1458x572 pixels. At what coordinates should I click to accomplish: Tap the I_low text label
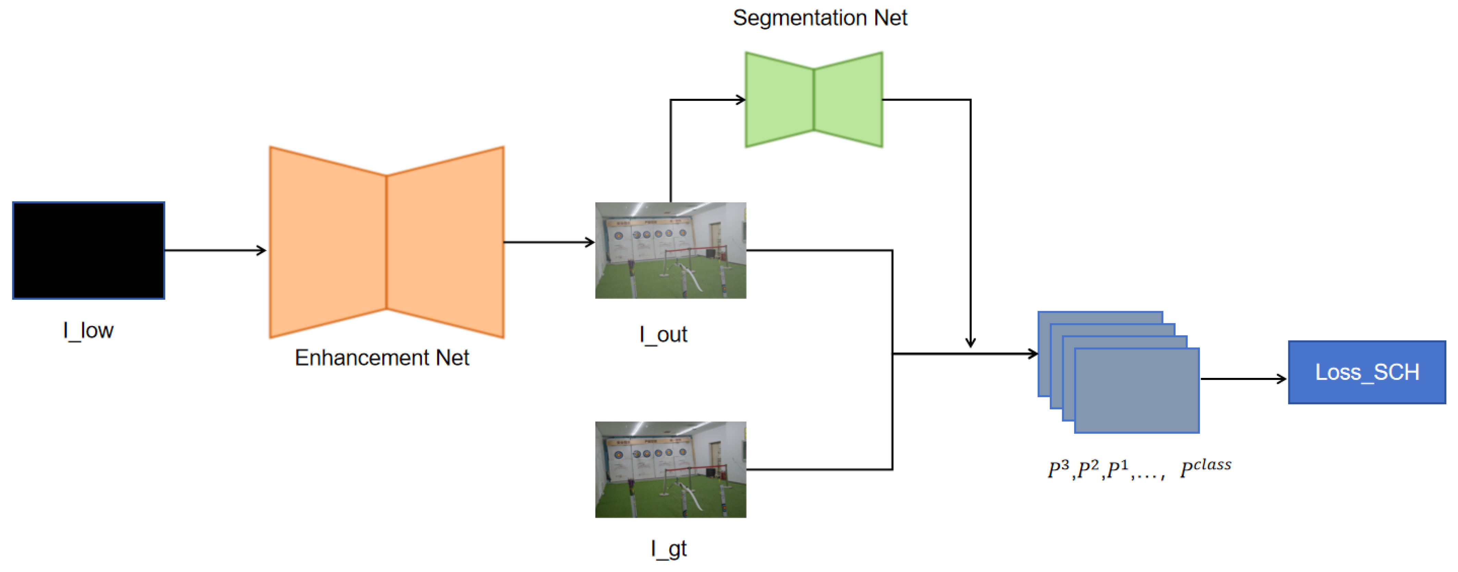88,330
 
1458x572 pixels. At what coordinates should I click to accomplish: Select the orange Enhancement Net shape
387,242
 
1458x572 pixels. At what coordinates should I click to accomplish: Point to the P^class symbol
1205,467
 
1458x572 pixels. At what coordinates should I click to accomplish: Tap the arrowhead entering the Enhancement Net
262,250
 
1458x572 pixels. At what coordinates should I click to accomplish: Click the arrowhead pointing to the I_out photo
590,242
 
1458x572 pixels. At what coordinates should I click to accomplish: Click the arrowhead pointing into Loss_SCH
1281,379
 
